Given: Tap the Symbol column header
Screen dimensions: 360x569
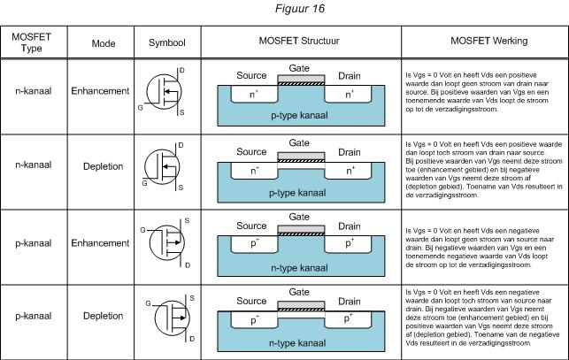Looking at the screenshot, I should point(166,42).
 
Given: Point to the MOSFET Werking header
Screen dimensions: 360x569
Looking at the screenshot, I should point(484,42).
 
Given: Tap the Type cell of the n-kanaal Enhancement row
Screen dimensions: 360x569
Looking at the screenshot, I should point(33,91).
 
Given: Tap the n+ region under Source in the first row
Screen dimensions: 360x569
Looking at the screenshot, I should point(255,92).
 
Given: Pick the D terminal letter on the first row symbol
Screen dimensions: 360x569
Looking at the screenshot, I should point(181,68).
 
